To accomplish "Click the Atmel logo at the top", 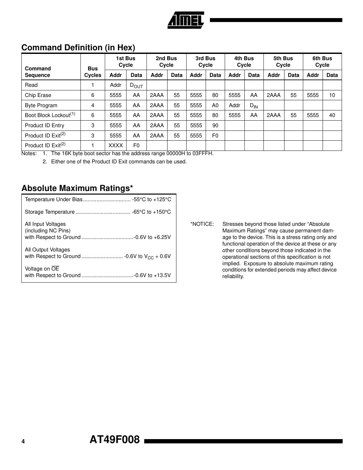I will [x=186, y=20].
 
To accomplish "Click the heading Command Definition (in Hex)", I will [x=78, y=48].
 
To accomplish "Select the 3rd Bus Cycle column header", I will [x=205, y=61].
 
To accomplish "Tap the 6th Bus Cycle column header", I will [x=322, y=61].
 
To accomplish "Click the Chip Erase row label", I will [x=38, y=95].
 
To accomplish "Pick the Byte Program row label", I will [x=41, y=106].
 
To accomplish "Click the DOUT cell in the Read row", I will [x=136, y=85].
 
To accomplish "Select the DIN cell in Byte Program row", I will [x=254, y=106].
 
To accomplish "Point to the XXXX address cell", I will [x=116, y=146].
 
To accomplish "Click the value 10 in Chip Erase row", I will [x=332, y=95].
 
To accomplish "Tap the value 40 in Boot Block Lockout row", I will [x=332, y=115].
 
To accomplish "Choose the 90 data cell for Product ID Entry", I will [x=215, y=126].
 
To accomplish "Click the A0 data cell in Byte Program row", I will [x=215, y=106].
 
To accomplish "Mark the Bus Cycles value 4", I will [x=93, y=106].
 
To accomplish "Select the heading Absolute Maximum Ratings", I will [x=77, y=188].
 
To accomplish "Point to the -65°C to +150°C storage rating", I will [x=151, y=212].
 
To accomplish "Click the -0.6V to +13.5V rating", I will [x=152, y=275].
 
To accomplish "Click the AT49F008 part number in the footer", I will [x=115, y=440].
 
